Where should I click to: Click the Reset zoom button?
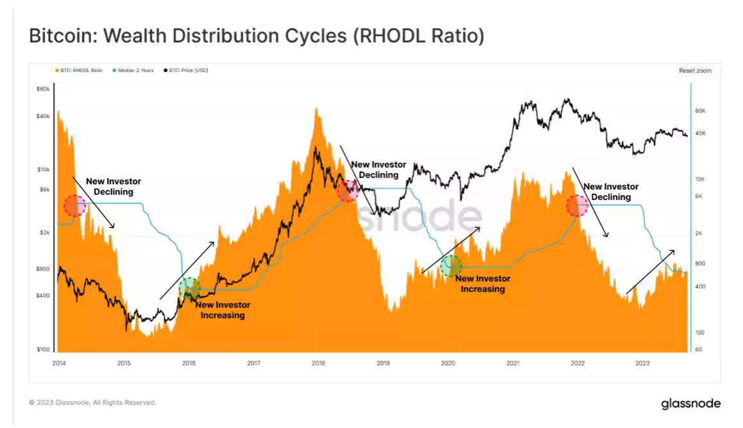tap(695, 71)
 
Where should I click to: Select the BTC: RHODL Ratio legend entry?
tap(81, 71)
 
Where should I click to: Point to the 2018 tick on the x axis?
tap(318, 363)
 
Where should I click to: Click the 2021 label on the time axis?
tap(512, 363)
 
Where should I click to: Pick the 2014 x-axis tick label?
tap(59, 363)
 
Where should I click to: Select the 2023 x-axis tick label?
tap(642, 363)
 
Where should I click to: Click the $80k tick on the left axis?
tap(42, 89)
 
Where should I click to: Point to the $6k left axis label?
tap(43, 189)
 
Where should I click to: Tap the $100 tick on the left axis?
tap(43, 350)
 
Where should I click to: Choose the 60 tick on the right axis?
tap(699, 350)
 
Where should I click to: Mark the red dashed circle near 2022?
tap(577, 206)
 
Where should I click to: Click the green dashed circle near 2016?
tap(189, 289)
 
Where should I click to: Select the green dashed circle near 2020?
tap(451, 265)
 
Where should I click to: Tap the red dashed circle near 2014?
tap(74, 206)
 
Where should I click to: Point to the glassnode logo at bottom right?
tap(690, 404)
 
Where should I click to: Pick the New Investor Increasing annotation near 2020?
tap(483, 283)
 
